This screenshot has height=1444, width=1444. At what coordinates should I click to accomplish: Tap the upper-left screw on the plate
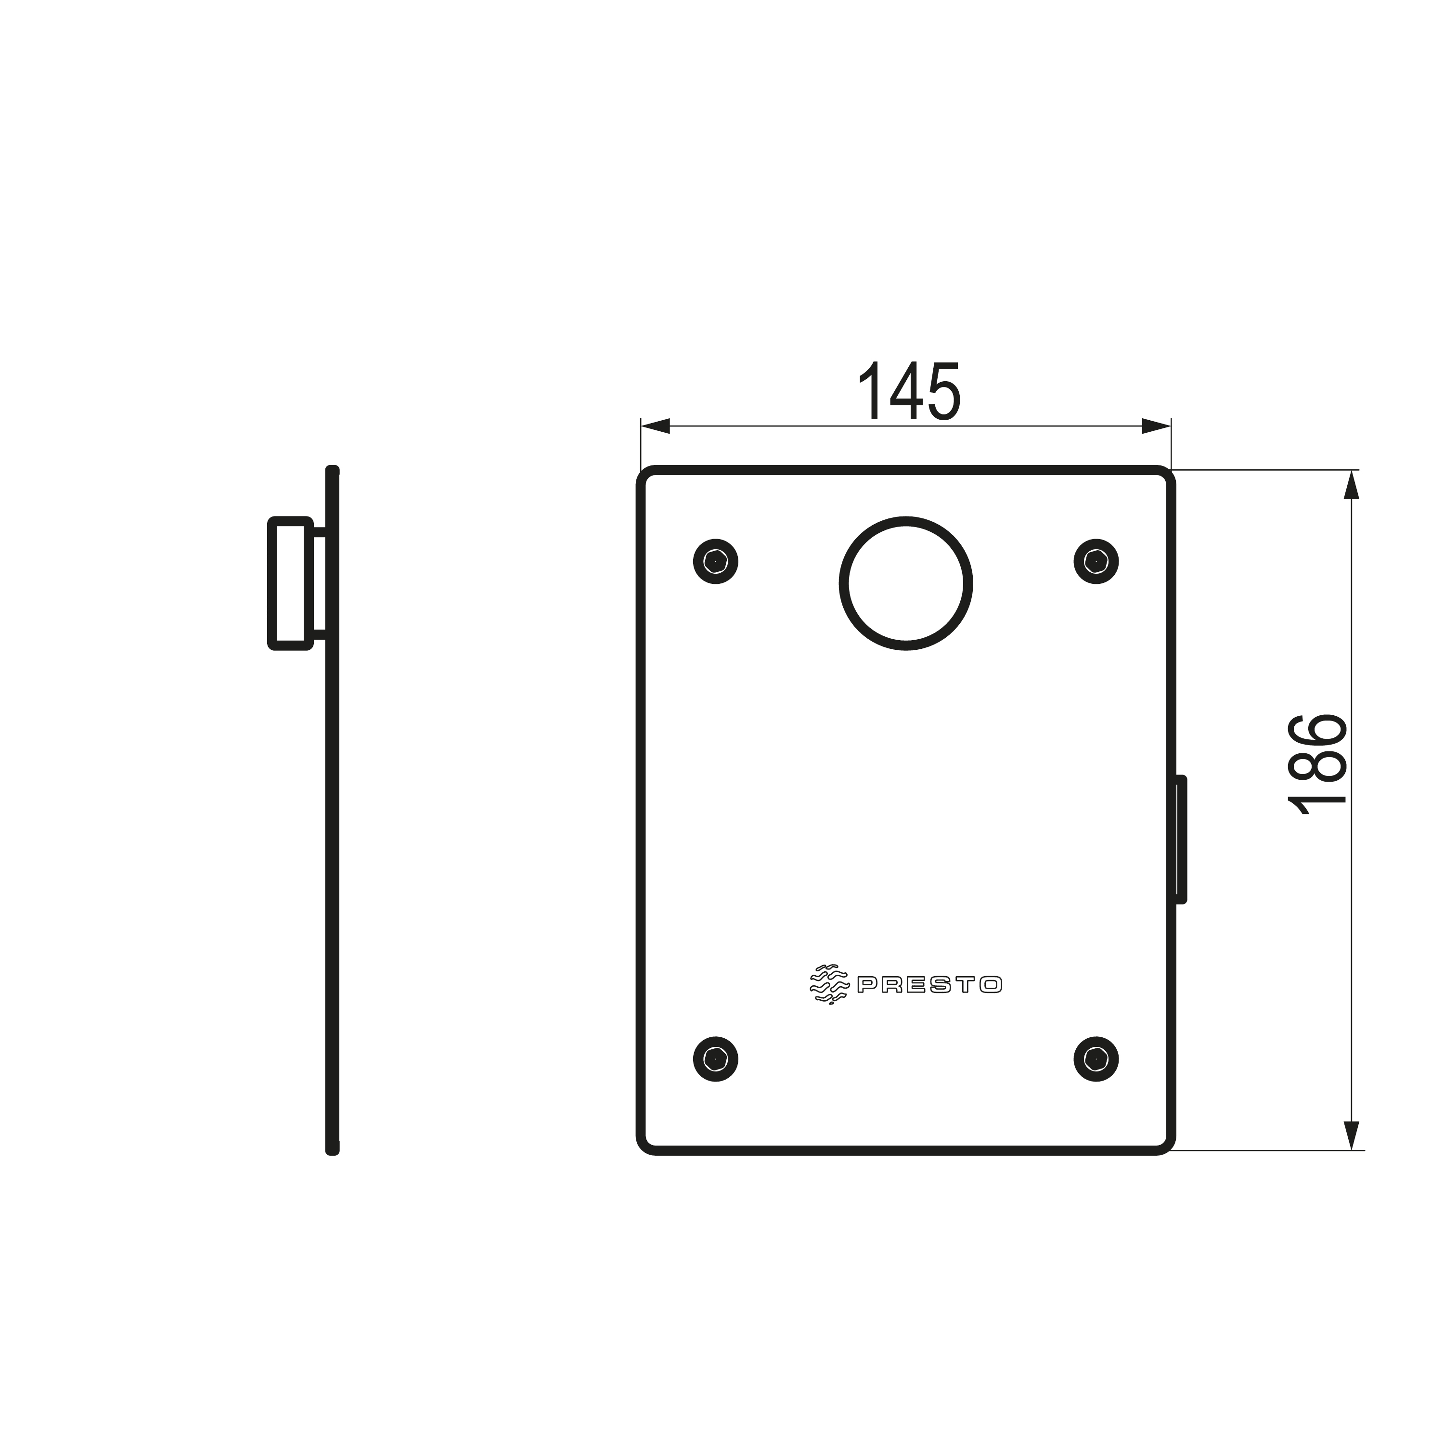(x=716, y=561)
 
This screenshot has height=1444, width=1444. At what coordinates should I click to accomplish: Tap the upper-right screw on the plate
(x=1096, y=561)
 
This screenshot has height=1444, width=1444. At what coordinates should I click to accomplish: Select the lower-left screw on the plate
(x=716, y=1059)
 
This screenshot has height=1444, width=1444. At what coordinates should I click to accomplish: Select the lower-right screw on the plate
(x=1096, y=1059)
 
